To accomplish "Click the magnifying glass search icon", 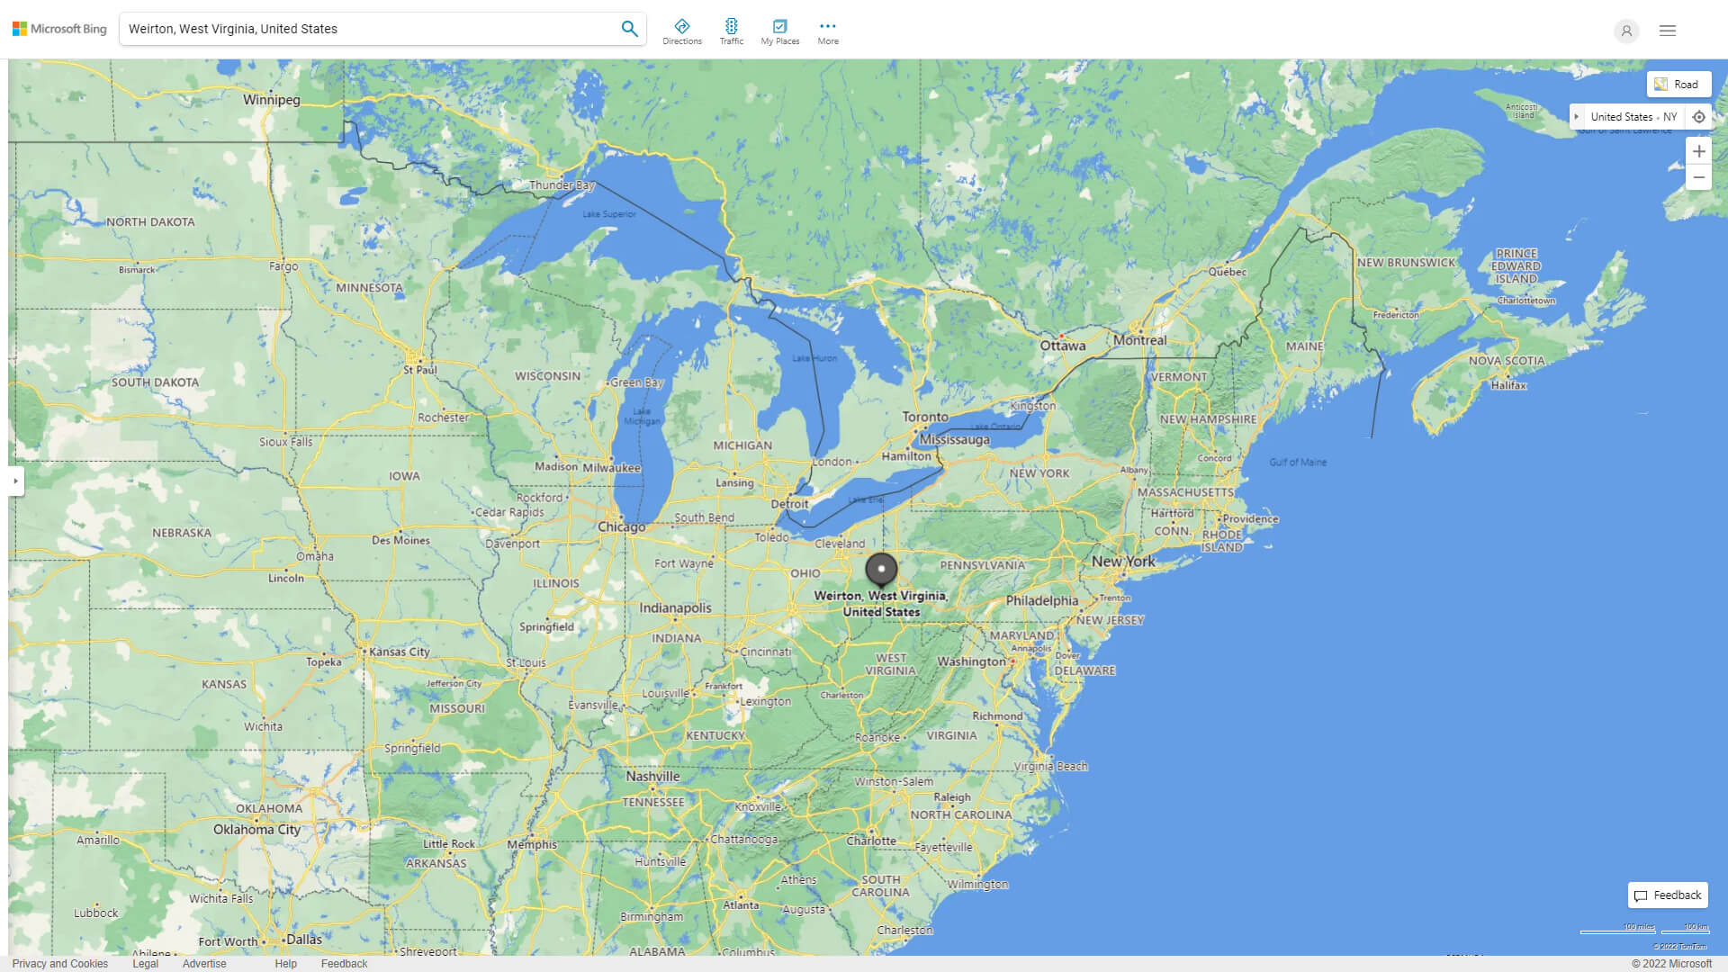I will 629,29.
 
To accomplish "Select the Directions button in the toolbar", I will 682,31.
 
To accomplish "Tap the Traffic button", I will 732,31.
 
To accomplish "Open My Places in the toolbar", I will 779,31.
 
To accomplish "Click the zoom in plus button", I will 1698,151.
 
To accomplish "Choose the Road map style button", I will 1678,85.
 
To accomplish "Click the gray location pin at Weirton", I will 881,570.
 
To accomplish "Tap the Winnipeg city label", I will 271,100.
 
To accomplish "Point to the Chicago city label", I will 622,526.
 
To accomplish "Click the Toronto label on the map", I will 925,417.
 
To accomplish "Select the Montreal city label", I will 1139,340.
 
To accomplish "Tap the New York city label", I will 1122,561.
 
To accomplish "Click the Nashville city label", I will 652,776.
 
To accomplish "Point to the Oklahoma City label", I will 256,829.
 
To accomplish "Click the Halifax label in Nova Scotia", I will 1508,385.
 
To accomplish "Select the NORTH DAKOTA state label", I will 150,221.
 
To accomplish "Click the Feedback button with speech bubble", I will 1668,895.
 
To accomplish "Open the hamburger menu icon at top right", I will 1668,31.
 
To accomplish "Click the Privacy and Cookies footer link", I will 60,963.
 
